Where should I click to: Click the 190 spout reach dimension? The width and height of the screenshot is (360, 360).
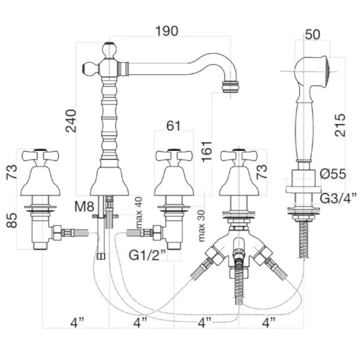click(x=167, y=31)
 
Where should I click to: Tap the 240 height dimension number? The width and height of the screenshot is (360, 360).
click(x=71, y=121)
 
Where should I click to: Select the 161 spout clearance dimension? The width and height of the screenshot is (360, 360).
click(x=207, y=151)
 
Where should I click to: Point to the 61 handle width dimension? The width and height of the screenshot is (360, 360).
click(x=173, y=125)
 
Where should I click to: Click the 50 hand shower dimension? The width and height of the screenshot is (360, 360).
click(x=312, y=34)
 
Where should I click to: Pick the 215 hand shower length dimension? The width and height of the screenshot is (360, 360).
click(x=340, y=125)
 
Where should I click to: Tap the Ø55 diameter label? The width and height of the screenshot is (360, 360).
click(x=333, y=174)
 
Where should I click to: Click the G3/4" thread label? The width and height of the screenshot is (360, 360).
click(x=338, y=198)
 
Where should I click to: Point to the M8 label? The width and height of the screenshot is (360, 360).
click(x=84, y=207)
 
